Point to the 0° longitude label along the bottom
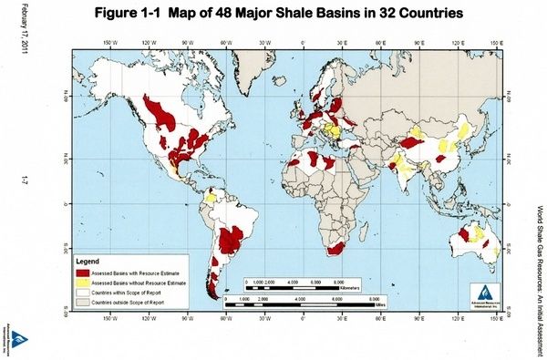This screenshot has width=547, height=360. point(304,320)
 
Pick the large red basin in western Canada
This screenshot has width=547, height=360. point(165,115)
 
